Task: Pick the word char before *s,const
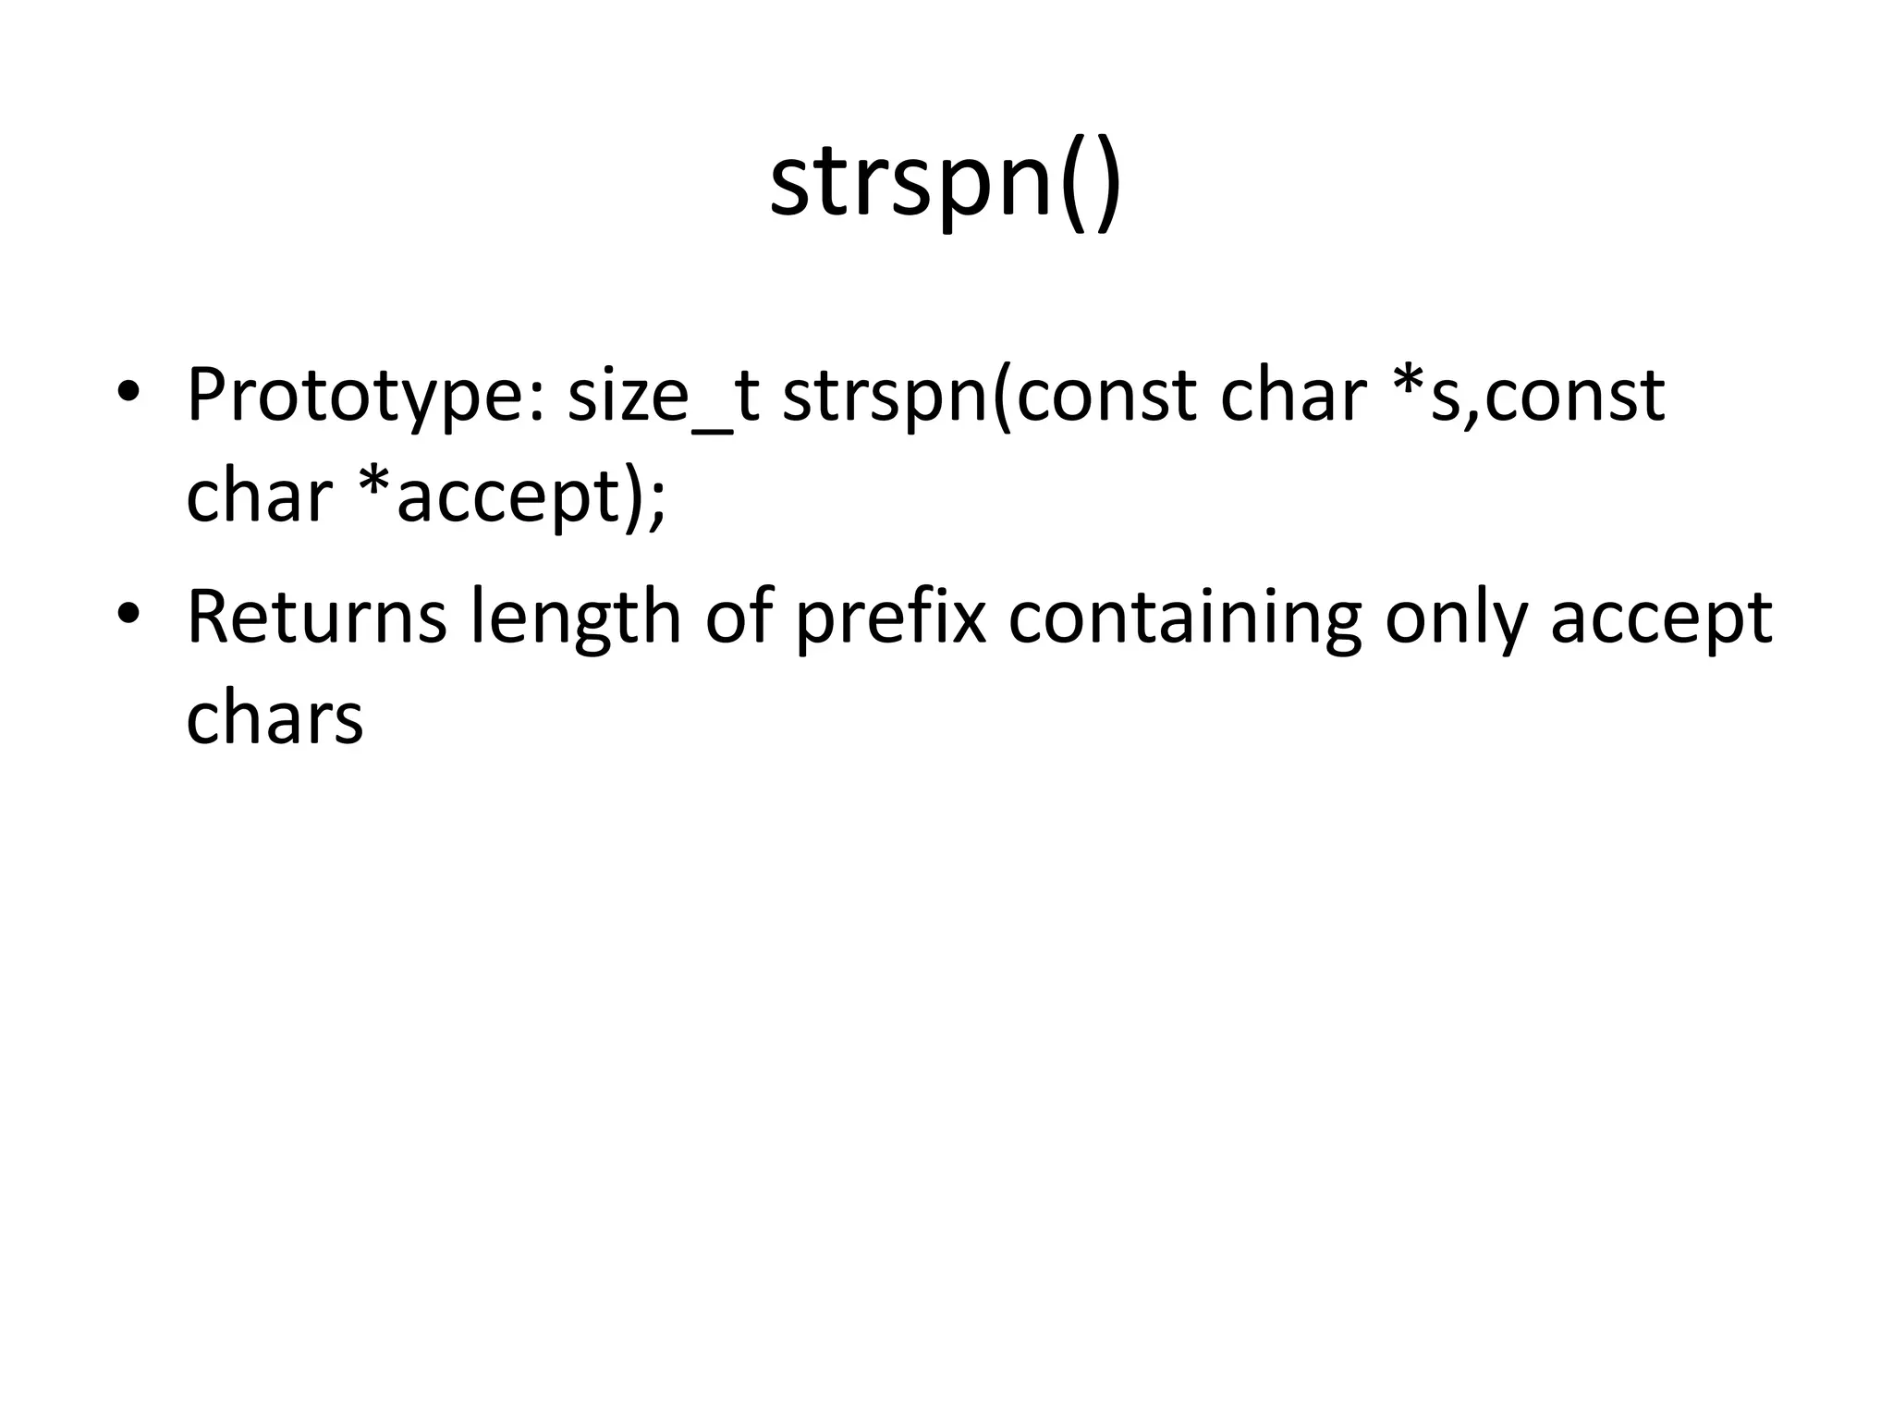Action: pyautogui.click(x=1293, y=396)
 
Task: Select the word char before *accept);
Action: pyautogui.click(x=258, y=496)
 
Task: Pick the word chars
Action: pyautogui.click(x=275, y=718)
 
